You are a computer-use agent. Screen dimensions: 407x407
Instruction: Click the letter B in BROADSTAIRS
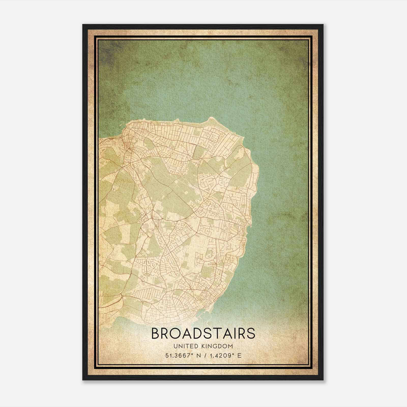pos(156,333)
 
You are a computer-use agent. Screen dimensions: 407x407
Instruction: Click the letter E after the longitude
pos(239,355)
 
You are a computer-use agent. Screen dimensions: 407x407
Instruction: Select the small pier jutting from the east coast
pos(250,226)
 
